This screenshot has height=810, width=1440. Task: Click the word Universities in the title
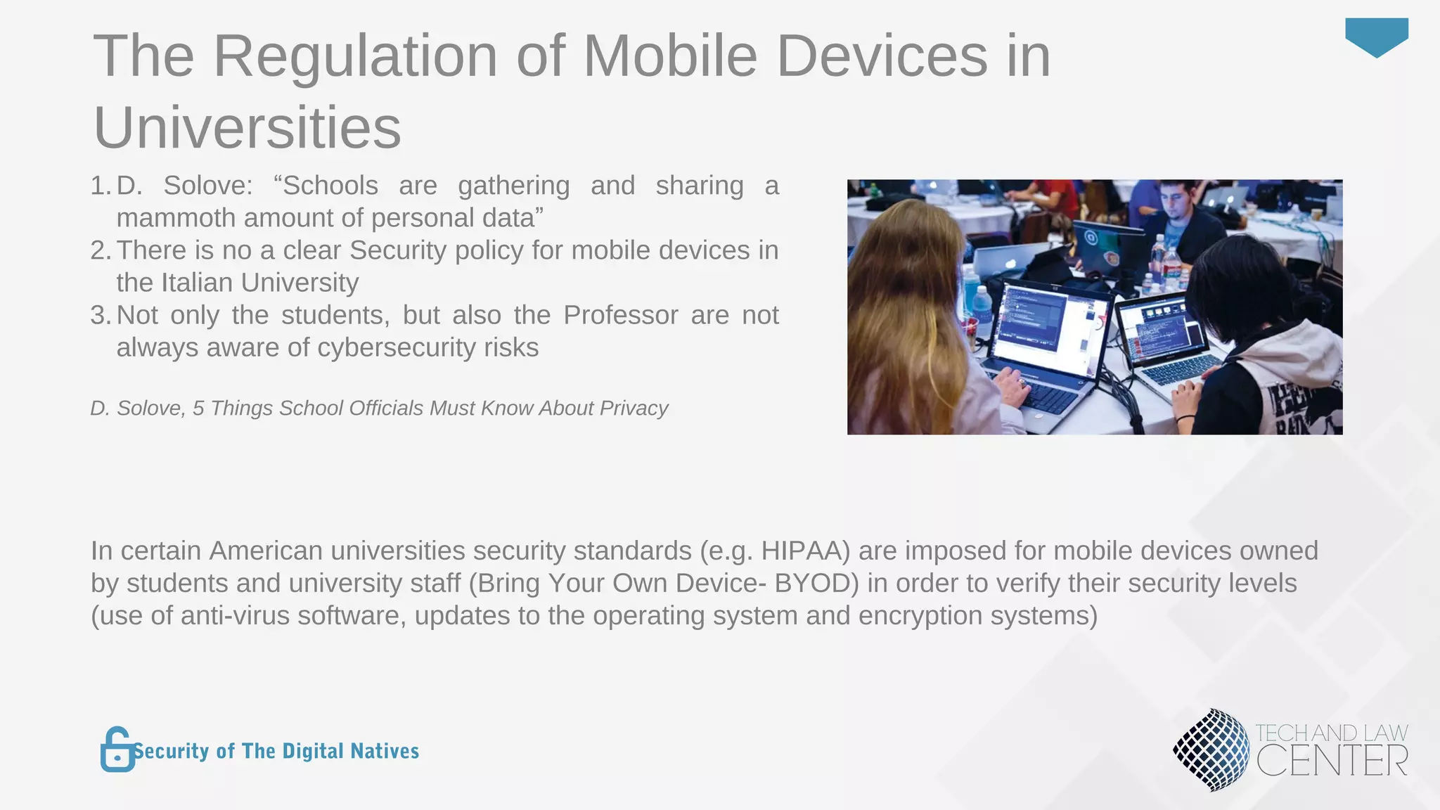(x=247, y=128)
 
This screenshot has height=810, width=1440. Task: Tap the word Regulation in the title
(x=355, y=56)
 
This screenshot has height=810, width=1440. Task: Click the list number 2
(x=99, y=250)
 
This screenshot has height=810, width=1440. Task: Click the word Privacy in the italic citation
(x=634, y=408)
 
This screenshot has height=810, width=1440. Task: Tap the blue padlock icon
(x=117, y=750)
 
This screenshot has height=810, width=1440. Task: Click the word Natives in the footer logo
(x=385, y=751)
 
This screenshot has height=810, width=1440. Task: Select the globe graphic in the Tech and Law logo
(x=1211, y=749)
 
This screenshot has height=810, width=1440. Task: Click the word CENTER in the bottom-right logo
(x=1332, y=761)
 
